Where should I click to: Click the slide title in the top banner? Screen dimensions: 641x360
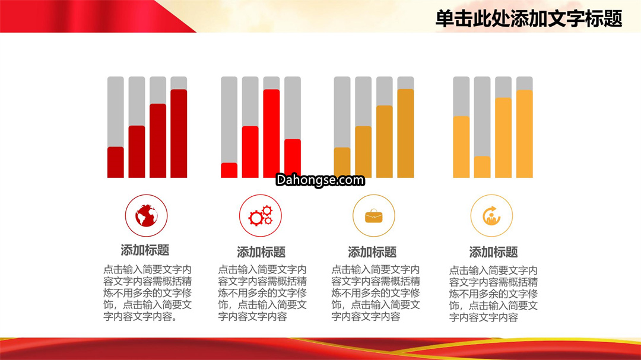[529, 19]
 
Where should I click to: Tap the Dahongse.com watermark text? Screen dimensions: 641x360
[320, 180]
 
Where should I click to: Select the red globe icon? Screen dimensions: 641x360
[147, 215]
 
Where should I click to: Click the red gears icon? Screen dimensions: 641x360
[261, 216]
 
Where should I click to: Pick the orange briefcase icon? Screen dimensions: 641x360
[374, 216]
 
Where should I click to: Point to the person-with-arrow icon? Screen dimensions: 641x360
[491, 216]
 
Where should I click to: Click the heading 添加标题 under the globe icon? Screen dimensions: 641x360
[145, 250]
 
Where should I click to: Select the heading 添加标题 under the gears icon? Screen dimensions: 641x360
[261, 252]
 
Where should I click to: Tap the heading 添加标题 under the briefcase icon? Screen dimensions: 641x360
[372, 252]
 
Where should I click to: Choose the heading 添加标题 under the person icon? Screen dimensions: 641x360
[493, 252]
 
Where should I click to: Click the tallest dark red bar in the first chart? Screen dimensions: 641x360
[179, 133]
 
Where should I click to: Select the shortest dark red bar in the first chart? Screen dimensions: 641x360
[116, 163]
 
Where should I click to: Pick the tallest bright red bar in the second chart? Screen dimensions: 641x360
[271, 133]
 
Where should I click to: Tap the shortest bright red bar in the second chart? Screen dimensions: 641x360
[229, 170]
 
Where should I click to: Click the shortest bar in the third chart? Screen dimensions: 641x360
[342, 163]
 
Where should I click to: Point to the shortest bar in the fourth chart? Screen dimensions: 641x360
[483, 167]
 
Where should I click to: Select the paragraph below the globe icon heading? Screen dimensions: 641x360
[148, 293]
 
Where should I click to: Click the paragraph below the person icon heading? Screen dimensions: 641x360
[493, 294]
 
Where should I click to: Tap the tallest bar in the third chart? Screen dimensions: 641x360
[405, 133]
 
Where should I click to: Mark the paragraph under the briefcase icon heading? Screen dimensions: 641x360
[376, 293]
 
